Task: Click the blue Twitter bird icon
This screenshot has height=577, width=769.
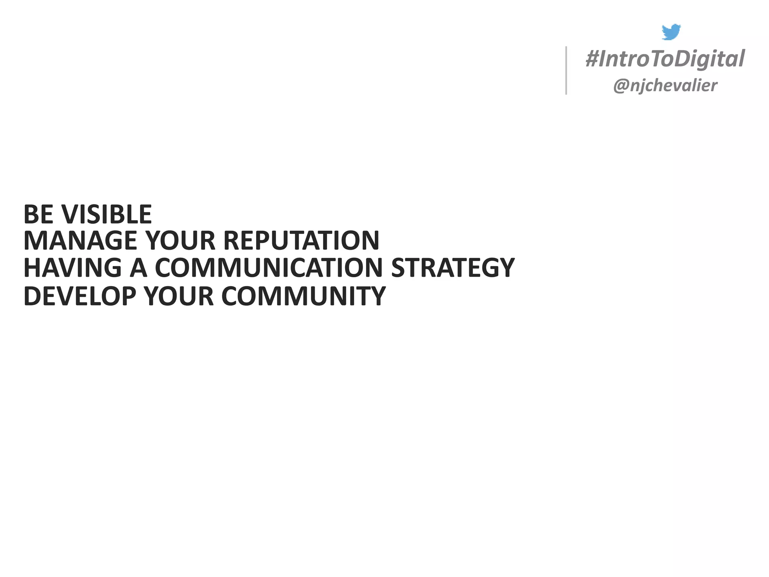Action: click(x=671, y=32)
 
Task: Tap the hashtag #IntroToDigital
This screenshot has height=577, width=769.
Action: click(x=665, y=59)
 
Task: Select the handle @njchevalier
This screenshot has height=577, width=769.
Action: click(x=665, y=86)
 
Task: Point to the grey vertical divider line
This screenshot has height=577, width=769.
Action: click(x=566, y=70)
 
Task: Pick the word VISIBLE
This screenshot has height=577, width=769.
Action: click(x=107, y=214)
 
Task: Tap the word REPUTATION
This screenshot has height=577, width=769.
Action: click(x=302, y=241)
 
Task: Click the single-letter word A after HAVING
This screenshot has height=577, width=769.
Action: click(x=138, y=268)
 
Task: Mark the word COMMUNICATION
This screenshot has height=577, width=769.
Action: click(x=268, y=268)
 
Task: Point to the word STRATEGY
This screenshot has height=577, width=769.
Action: click(x=452, y=268)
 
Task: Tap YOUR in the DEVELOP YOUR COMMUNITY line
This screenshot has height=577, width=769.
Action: click(x=179, y=296)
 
